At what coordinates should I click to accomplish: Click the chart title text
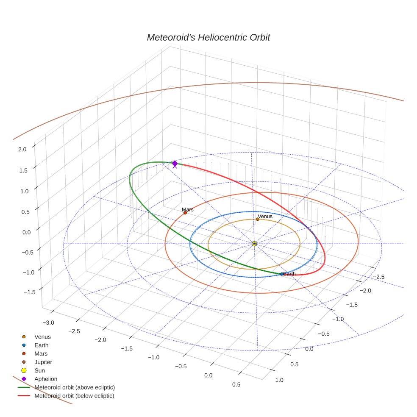pyautogui.click(x=208, y=38)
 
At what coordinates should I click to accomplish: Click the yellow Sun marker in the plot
pyautogui.click(x=254, y=244)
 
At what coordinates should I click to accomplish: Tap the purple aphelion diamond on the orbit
pyautogui.click(x=175, y=164)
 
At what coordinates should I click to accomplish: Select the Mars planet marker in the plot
pyautogui.click(x=185, y=213)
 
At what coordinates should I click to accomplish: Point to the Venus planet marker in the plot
pyautogui.click(x=258, y=219)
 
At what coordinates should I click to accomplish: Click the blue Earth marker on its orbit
pyautogui.click(x=282, y=274)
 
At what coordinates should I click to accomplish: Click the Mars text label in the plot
pyautogui.click(x=188, y=209)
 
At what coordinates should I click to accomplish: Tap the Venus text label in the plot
pyautogui.click(x=265, y=217)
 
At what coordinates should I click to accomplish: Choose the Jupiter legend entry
pyautogui.click(x=43, y=362)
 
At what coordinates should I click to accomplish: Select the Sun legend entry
pyautogui.click(x=39, y=370)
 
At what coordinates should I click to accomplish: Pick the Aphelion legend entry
pyautogui.click(x=45, y=379)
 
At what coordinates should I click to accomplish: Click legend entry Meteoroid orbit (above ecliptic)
pyautogui.click(x=75, y=387)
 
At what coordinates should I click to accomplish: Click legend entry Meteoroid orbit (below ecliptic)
pyautogui.click(x=74, y=396)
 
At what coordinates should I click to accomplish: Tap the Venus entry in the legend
pyautogui.click(x=42, y=337)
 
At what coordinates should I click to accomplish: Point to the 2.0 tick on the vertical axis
pyautogui.click(x=22, y=149)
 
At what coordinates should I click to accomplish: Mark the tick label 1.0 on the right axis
pyautogui.click(x=279, y=380)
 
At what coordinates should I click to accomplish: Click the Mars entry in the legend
pyautogui.click(x=41, y=353)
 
